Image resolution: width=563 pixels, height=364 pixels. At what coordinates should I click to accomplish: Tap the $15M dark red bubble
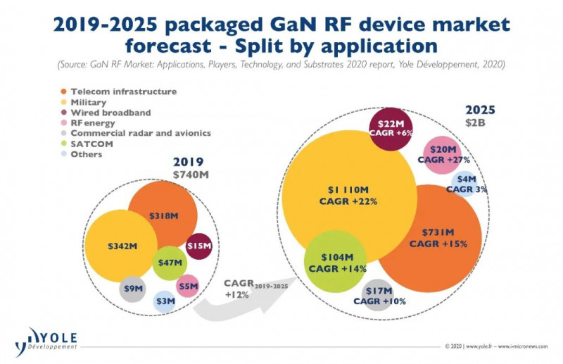coord(199,246)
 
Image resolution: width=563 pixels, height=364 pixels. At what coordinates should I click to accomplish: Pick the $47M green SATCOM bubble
coord(169,263)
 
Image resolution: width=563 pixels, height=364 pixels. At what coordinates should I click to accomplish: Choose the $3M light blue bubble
coord(164,301)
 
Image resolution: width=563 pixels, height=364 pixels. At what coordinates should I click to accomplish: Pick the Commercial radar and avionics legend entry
coord(134,134)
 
